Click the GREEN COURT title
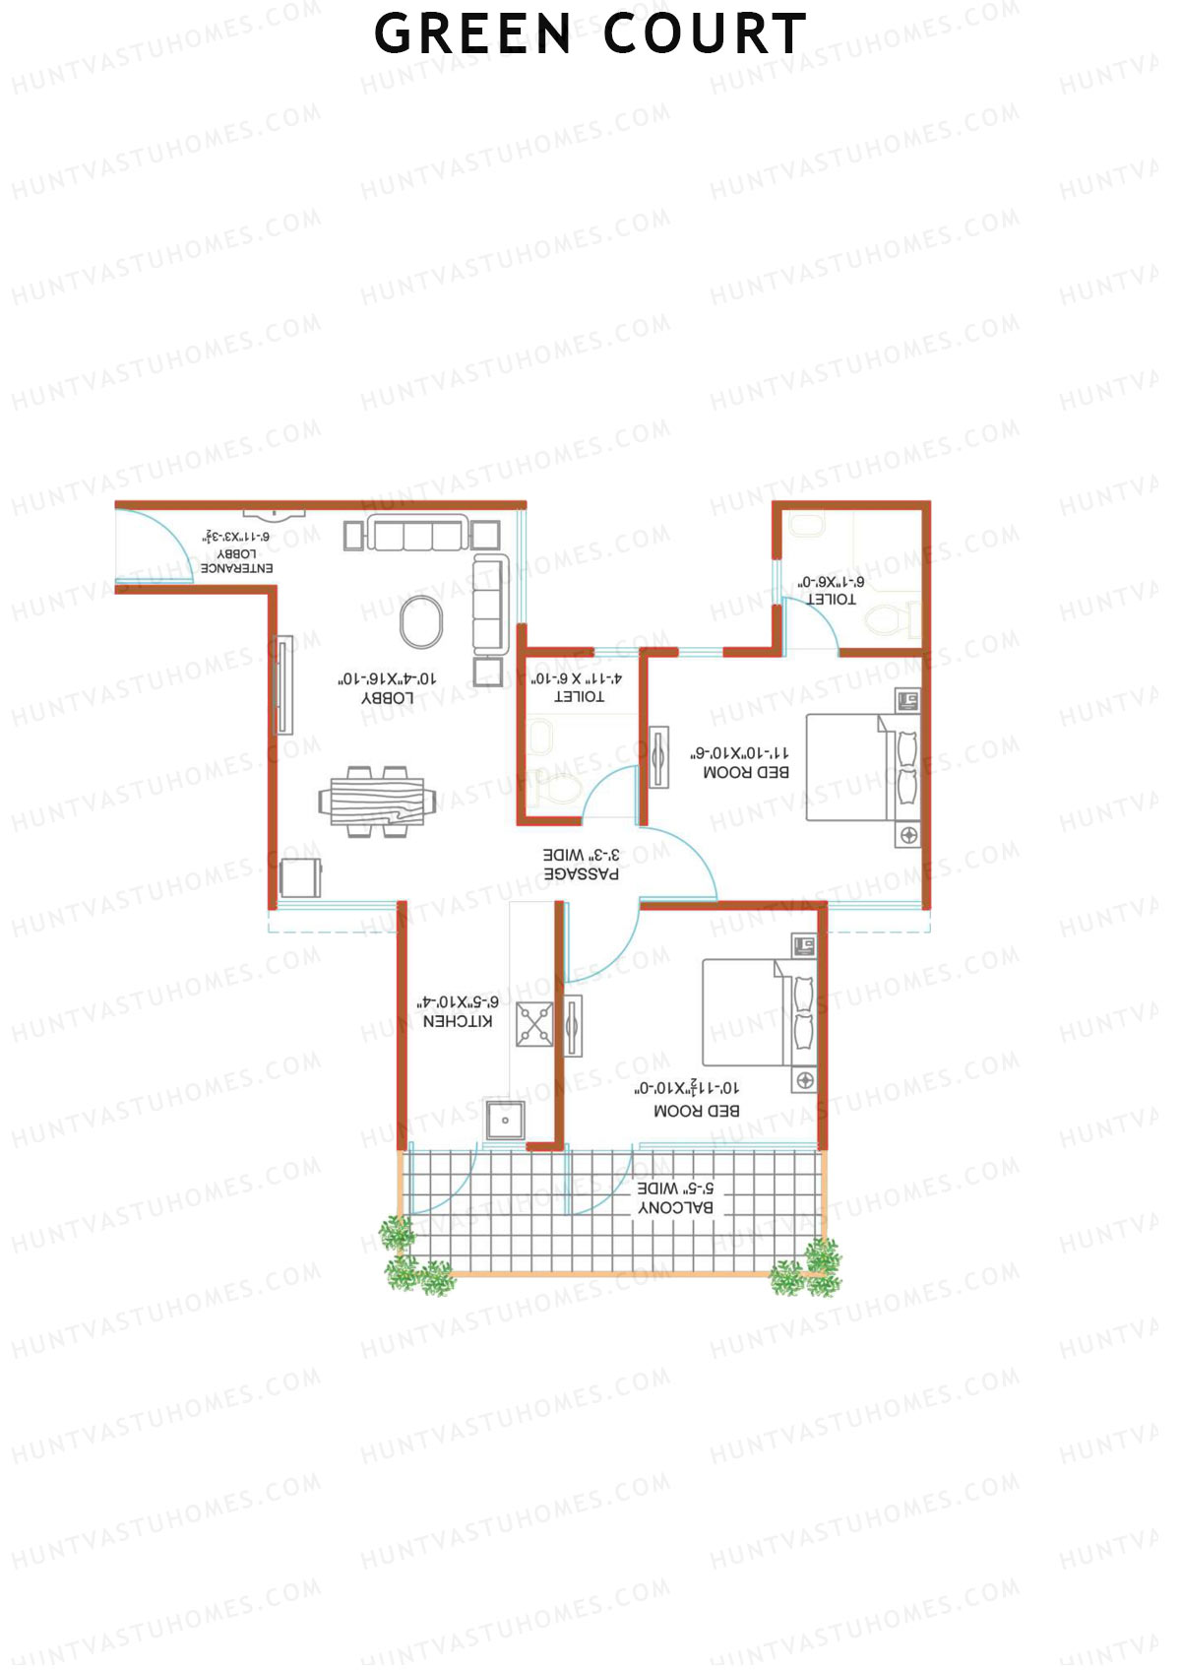590,34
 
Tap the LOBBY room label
388,698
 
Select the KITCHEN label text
458,1022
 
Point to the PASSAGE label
582,873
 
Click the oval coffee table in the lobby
421,622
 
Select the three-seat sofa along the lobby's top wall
418,535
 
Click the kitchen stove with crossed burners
535,1024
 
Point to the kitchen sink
505,1121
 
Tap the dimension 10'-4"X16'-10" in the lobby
388,679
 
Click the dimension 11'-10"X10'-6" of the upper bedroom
739,753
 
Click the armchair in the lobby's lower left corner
300,877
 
